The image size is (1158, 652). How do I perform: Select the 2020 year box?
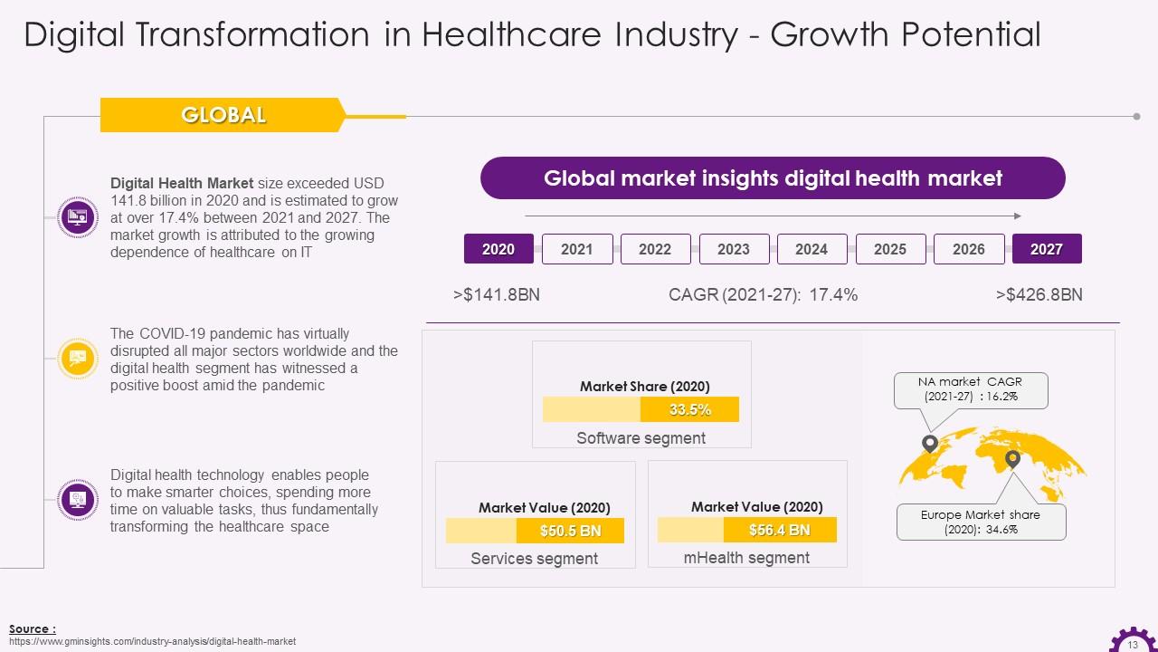(498, 249)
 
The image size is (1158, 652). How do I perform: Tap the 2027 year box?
(1047, 249)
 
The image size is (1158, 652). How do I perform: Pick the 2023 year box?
(734, 249)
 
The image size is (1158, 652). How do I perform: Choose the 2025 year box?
(890, 249)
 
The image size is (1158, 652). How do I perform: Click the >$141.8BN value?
(497, 295)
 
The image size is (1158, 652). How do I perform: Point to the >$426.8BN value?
(1039, 295)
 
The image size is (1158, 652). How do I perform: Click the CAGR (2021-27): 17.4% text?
(763, 295)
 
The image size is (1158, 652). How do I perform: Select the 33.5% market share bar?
(689, 409)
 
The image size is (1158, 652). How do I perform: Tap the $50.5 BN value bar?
(570, 531)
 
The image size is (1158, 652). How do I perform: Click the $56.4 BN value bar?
(779, 530)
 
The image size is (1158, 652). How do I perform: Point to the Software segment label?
(641, 438)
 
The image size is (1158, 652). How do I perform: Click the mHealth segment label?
(746, 558)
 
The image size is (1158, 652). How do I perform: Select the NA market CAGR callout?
(970, 390)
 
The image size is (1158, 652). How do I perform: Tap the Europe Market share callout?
(981, 522)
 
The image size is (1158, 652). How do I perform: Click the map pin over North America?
(929, 444)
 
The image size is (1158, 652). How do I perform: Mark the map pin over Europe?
(1012, 459)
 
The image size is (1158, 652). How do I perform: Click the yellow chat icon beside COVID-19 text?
(77, 359)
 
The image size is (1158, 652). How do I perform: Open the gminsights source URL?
(152, 641)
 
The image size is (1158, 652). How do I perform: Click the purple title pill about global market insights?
(773, 178)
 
